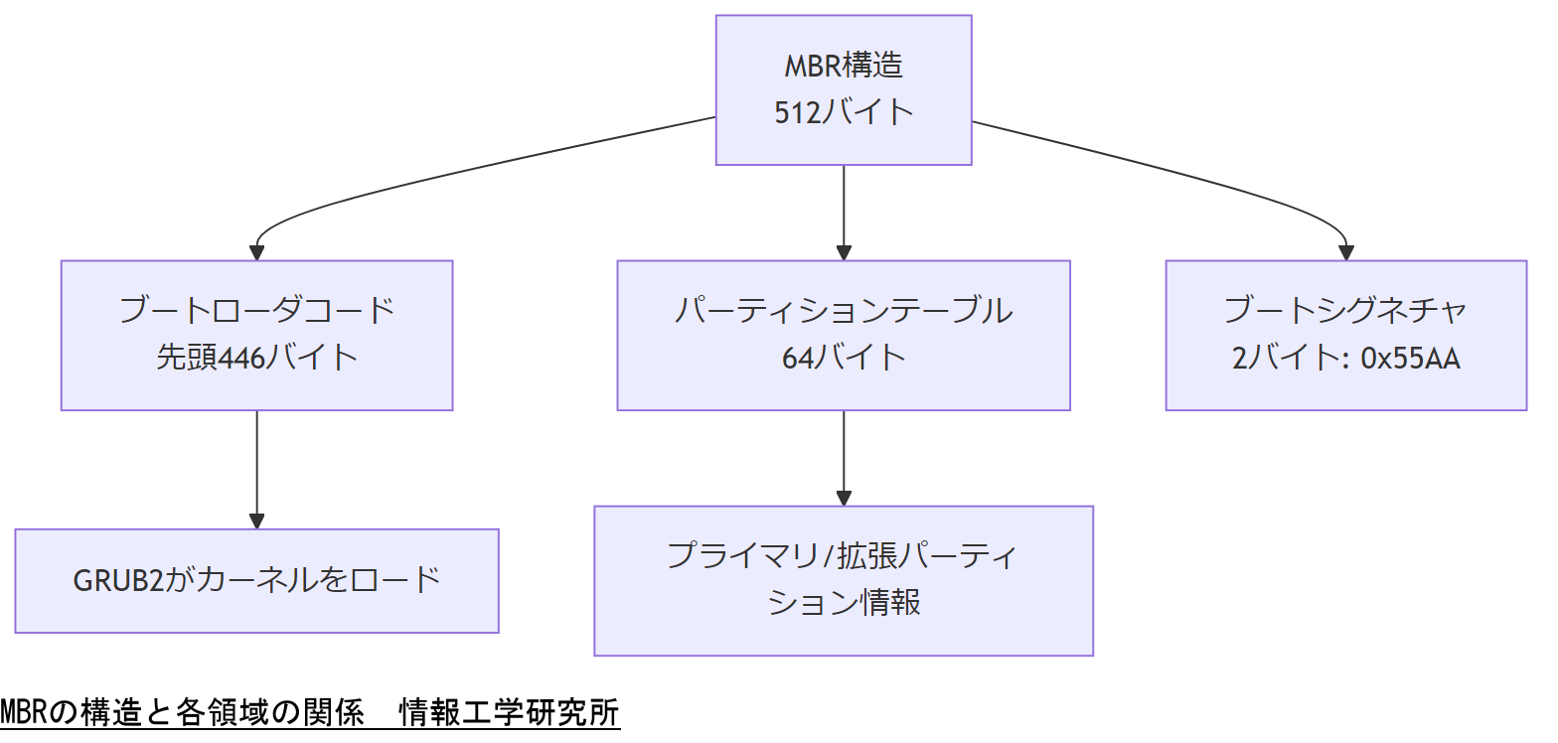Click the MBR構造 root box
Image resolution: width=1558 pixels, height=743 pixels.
[844, 89]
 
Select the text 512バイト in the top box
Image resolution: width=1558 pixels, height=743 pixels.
[844, 112]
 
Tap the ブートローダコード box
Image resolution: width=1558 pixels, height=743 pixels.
[256, 335]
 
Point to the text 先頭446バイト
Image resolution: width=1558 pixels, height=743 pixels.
[256, 357]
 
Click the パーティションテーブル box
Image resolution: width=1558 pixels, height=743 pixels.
[844, 335]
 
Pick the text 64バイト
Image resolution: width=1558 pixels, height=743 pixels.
[844, 357]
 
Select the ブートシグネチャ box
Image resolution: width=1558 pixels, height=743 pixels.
[1345, 335]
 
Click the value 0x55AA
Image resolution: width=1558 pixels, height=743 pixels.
[1410, 358]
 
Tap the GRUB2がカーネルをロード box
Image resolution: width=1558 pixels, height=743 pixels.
[256, 580]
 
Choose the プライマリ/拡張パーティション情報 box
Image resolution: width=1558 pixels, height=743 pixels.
[844, 580]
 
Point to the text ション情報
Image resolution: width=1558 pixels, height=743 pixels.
[844, 603]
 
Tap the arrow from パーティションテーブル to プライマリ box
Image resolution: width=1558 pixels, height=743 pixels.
[844, 457]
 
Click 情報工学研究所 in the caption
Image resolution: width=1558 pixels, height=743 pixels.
[509, 713]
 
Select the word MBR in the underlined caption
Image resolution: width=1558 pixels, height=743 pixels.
[23, 713]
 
